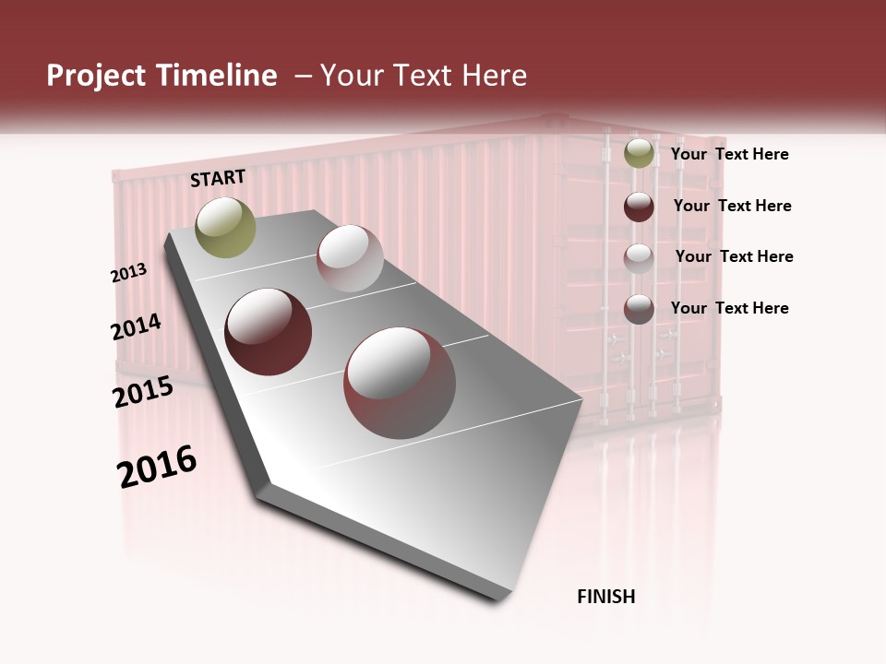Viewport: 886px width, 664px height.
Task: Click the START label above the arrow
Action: (218, 178)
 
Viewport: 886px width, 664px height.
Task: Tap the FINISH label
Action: (605, 597)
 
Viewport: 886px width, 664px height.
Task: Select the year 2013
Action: (129, 273)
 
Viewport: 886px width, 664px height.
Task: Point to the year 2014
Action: (136, 326)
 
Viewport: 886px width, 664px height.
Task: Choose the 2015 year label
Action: (143, 392)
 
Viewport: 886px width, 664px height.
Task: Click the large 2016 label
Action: (157, 467)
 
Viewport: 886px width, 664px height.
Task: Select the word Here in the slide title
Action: (494, 76)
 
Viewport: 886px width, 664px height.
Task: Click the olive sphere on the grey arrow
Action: (225, 227)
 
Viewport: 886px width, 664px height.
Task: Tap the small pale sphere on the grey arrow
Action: (350, 258)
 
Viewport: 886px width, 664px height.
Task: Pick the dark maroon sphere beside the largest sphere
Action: (269, 331)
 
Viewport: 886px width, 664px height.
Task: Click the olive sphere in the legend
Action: (639, 153)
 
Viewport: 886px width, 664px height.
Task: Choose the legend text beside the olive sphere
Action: (729, 154)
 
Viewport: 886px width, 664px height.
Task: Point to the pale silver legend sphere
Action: (639, 258)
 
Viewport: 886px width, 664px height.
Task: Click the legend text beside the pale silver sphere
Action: (734, 256)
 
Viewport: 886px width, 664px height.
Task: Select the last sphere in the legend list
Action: (639, 309)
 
